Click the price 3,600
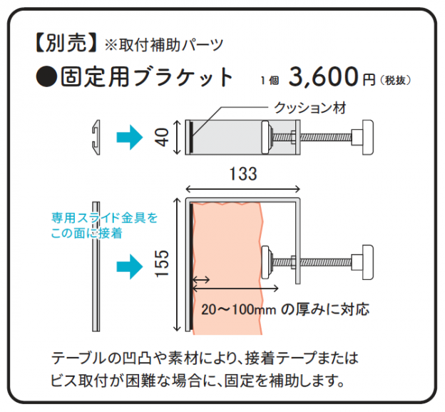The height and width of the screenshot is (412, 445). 324,76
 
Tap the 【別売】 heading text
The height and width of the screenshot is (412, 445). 66,43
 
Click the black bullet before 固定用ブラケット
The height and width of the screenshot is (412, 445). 46,76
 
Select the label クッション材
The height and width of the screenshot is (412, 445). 310,109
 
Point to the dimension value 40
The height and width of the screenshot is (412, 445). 162,137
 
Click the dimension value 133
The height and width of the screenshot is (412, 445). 243,174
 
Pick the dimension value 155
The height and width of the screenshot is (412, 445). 162,263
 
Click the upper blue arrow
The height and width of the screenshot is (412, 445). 129,138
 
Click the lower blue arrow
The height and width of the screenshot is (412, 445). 129,266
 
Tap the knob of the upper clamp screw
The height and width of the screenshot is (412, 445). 367,137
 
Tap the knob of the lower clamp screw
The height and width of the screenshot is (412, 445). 367,262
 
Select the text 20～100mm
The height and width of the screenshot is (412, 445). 238,310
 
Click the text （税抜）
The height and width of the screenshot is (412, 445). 395,81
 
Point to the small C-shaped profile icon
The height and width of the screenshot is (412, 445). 96,138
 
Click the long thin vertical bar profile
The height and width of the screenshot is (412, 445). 96,266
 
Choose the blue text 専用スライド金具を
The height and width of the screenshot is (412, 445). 104,218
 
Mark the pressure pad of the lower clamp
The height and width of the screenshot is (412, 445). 265,262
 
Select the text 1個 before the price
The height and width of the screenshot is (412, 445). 270,81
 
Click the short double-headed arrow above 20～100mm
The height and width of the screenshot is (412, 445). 201,280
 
